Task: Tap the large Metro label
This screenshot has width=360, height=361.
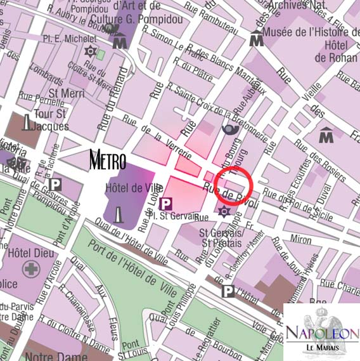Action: click(x=108, y=161)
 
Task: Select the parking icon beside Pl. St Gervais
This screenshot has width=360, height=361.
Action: click(x=167, y=204)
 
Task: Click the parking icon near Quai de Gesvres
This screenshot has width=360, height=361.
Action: click(x=56, y=185)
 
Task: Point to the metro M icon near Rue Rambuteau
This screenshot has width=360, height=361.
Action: click(x=257, y=40)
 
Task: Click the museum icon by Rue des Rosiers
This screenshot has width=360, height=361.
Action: click(x=326, y=135)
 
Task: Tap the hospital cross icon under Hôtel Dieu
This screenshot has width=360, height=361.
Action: click(x=29, y=269)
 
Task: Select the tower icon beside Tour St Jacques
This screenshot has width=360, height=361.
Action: click(x=27, y=122)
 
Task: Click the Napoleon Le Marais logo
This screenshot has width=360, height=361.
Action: click(x=321, y=331)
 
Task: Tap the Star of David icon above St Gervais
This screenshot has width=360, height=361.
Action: click(x=223, y=211)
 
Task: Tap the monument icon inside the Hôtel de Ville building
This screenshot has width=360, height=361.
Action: click(x=119, y=215)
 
